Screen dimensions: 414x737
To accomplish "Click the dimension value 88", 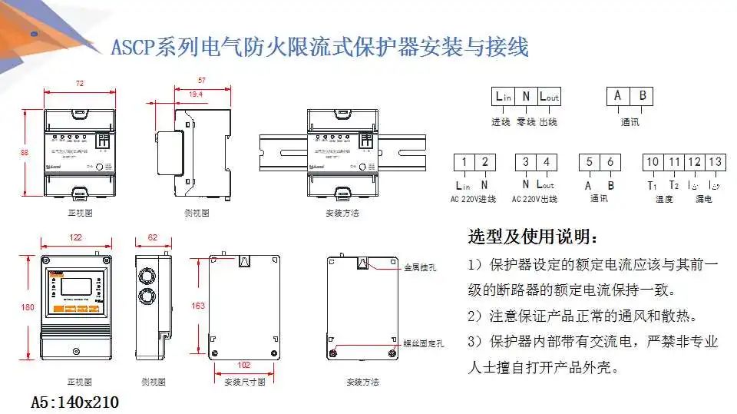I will [x=24, y=153].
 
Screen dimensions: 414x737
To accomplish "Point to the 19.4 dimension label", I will [x=196, y=94].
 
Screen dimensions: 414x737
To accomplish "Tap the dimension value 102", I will [x=245, y=365].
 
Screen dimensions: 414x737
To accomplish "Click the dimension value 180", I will [x=27, y=307].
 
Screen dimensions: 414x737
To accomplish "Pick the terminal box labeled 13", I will [x=715, y=162].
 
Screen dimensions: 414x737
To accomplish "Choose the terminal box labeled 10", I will [x=653, y=162].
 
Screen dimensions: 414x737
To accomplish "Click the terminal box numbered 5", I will [x=589, y=162].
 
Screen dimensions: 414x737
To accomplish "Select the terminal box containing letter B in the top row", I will [x=643, y=96].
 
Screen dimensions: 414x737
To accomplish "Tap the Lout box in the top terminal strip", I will [x=550, y=96].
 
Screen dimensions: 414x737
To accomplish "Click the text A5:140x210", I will [x=74, y=402].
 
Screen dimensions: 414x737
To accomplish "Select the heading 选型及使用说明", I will [x=530, y=236].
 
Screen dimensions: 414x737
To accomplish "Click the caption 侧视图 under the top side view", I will [x=196, y=213].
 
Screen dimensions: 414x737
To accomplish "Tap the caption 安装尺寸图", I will [x=244, y=381].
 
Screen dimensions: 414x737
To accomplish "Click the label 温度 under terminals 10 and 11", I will [x=663, y=200].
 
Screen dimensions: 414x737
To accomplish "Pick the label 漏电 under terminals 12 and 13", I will [x=703, y=200].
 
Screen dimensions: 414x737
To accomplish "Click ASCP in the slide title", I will [x=132, y=48].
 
